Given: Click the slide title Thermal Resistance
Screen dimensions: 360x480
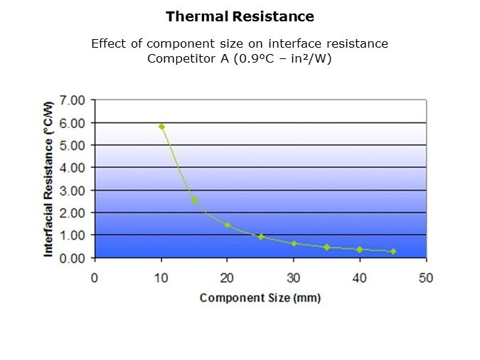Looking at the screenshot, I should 240,16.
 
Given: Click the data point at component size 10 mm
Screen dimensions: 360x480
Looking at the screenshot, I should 161,127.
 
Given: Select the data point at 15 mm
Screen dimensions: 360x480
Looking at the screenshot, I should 195,200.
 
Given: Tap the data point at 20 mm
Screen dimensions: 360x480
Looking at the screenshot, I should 228,226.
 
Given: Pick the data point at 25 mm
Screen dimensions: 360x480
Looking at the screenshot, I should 261,237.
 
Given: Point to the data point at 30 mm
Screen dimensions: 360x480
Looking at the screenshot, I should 294,243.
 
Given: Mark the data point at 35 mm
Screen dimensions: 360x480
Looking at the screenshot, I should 327,247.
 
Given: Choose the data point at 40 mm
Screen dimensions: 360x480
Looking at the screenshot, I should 360,249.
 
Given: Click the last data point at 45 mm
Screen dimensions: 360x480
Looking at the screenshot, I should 393,251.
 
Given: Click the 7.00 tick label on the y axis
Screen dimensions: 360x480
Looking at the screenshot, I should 73,100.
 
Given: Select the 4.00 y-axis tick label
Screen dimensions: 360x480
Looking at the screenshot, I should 73,168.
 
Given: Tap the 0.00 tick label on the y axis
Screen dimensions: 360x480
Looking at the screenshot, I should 73,258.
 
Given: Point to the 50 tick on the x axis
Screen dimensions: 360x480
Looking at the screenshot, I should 426,277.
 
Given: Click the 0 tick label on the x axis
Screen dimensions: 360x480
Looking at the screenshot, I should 95,277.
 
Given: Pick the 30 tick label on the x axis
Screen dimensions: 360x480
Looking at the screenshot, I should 294,277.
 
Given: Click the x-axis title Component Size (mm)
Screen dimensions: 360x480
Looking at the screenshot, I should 260,297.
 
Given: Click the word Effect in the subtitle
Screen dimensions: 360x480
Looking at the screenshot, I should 107,43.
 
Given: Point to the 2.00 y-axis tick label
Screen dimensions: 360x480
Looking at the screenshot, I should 73,213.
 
